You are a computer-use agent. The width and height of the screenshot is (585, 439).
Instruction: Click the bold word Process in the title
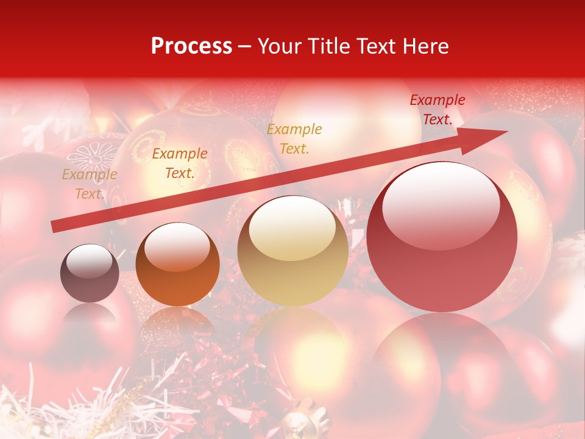coord(191,46)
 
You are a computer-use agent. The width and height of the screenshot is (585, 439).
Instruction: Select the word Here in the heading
coord(424,46)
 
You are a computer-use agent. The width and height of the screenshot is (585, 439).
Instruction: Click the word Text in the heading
coord(377,46)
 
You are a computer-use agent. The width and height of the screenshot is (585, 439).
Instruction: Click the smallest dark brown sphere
coord(90,273)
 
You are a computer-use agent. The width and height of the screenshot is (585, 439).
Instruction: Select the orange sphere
coord(177,265)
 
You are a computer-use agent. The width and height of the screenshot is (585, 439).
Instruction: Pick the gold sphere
coord(292,251)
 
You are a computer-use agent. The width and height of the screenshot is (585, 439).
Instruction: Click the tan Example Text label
coord(89,184)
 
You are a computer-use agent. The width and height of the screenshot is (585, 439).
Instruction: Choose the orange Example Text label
coord(179,163)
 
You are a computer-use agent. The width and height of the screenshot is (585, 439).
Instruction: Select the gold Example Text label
coord(294,138)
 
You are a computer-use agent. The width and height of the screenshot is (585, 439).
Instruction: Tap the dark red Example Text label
coord(437,110)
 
